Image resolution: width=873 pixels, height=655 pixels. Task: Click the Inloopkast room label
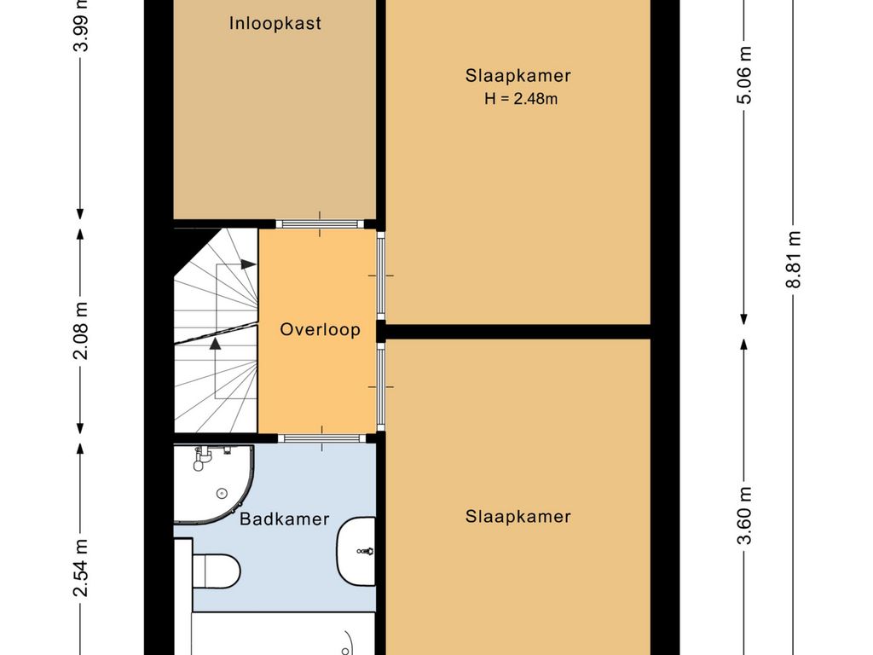(x=275, y=23)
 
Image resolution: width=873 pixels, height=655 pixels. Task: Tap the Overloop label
(x=321, y=329)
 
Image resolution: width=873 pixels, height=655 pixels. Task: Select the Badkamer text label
(x=285, y=519)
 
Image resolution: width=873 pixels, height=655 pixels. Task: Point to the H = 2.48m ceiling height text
(x=521, y=99)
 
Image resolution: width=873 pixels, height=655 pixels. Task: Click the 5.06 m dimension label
(x=745, y=75)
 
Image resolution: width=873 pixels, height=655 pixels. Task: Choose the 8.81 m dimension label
(x=794, y=259)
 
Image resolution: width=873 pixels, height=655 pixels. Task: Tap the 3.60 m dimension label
(x=745, y=514)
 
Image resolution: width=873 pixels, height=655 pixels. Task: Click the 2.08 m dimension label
(x=81, y=331)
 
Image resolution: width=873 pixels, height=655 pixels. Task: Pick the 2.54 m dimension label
(x=81, y=567)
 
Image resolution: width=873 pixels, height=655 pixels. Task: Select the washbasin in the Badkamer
(x=356, y=551)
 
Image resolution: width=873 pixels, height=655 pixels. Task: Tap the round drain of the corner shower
(x=222, y=493)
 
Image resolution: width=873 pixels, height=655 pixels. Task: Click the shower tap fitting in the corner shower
(x=202, y=457)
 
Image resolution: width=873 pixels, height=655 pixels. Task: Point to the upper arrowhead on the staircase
(x=248, y=264)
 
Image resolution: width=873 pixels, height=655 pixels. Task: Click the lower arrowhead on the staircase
(x=215, y=344)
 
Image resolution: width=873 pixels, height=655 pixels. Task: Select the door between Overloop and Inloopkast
(x=320, y=224)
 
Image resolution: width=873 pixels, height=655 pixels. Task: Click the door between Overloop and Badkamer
(x=321, y=438)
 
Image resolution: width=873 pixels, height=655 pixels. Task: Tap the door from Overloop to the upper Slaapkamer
(x=381, y=275)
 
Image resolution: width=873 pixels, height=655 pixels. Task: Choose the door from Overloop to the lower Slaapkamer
(x=381, y=386)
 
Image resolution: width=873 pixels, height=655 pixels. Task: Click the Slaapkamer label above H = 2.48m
(x=518, y=75)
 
